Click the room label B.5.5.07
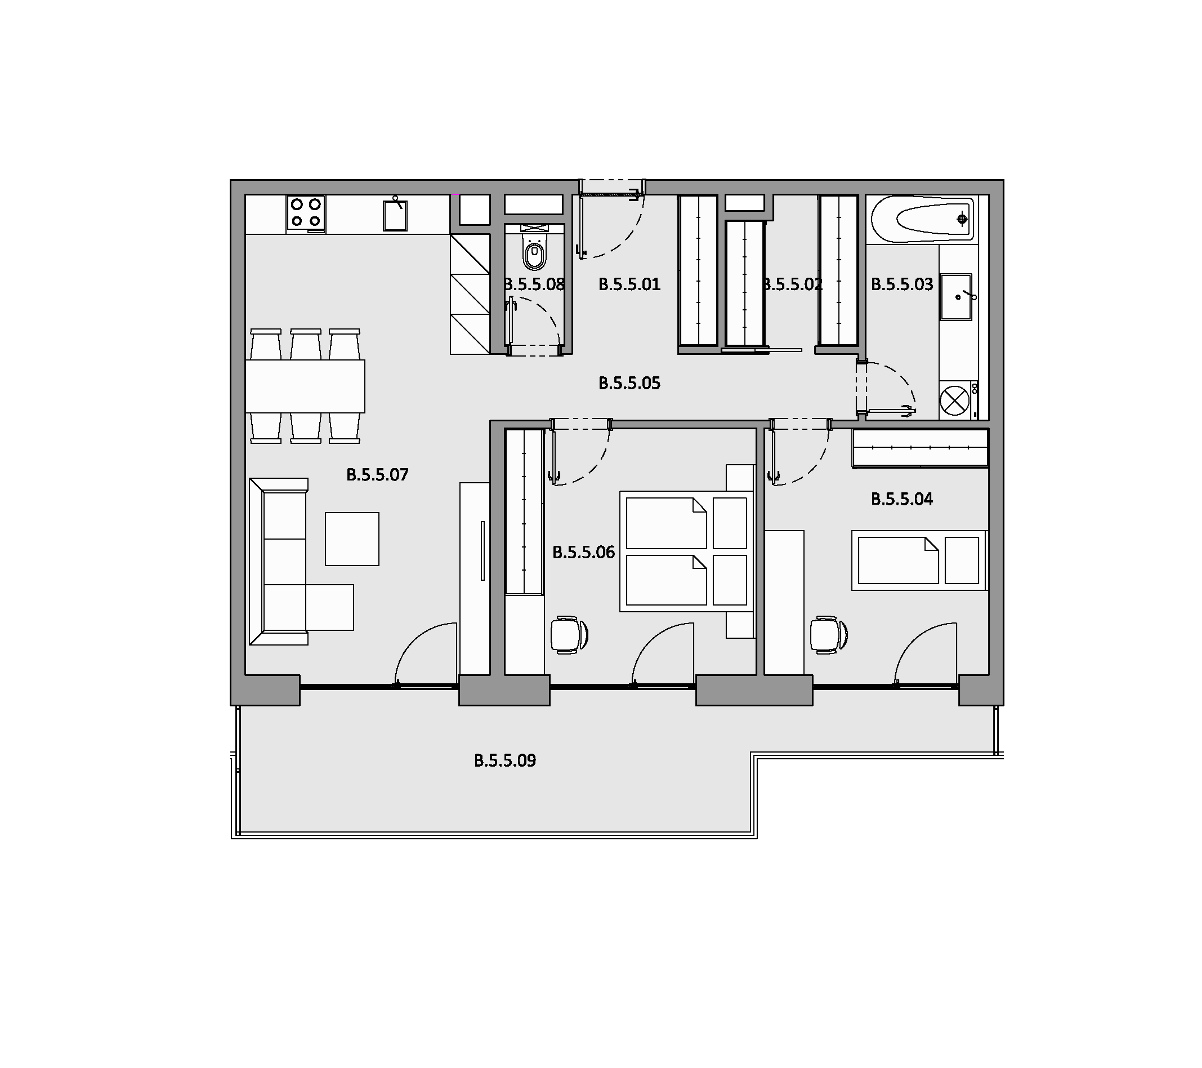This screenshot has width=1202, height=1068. [x=377, y=475]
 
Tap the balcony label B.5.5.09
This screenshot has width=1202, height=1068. [x=505, y=761]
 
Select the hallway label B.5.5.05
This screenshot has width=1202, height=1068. [x=629, y=384]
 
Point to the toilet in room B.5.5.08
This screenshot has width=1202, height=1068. [x=534, y=250]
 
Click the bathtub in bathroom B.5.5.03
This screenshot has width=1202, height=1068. [x=922, y=219]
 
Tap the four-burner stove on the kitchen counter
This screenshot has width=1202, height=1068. [x=306, y=213]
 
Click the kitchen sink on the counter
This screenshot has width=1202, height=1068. [x=395, y=215]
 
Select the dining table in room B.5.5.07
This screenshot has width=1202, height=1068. [x=305, y=386]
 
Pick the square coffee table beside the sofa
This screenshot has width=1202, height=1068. [x=352, y=539]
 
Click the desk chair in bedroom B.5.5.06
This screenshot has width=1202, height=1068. [x=569, y=635]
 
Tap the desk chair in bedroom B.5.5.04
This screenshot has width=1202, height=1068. [x=829, y=635]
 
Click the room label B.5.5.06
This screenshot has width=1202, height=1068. [x=583, y=553]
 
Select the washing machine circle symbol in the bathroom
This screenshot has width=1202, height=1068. [x=954, y=400]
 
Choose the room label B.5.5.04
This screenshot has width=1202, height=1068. [x=901, y=500]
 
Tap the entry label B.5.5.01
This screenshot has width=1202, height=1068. [x=629, y=285]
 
